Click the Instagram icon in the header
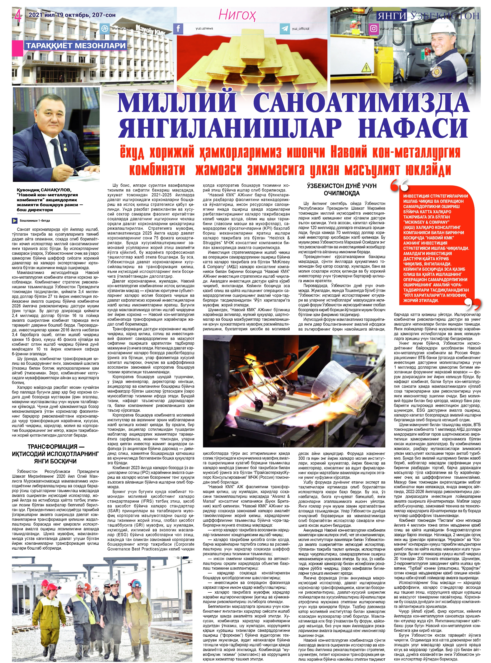373,29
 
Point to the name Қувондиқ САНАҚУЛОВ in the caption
44,190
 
